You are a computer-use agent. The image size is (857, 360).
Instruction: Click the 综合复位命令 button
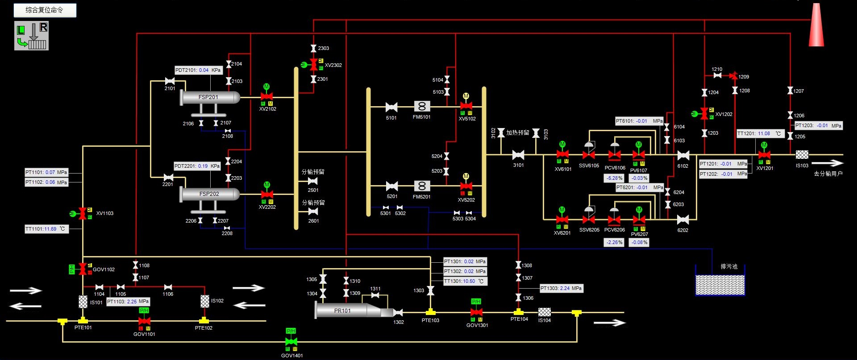45,10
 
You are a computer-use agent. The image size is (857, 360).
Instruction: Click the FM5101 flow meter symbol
422,106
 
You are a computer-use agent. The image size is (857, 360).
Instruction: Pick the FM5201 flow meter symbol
422,186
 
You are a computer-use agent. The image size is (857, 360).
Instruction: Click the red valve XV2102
267,97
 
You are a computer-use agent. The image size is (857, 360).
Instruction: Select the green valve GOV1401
291,342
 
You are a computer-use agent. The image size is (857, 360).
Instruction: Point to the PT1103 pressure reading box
128,302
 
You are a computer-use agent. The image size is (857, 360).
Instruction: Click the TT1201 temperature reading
760,133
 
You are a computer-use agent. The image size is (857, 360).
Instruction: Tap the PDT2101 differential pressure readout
198,70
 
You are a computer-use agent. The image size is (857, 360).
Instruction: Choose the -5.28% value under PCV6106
614,178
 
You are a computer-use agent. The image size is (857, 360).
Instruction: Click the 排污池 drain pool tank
720,284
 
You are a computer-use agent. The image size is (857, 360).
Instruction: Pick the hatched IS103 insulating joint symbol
802,155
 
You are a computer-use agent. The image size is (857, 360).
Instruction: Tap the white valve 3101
518,155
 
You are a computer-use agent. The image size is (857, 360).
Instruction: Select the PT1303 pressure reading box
561,288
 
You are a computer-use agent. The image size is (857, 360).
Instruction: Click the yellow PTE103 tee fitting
430,312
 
